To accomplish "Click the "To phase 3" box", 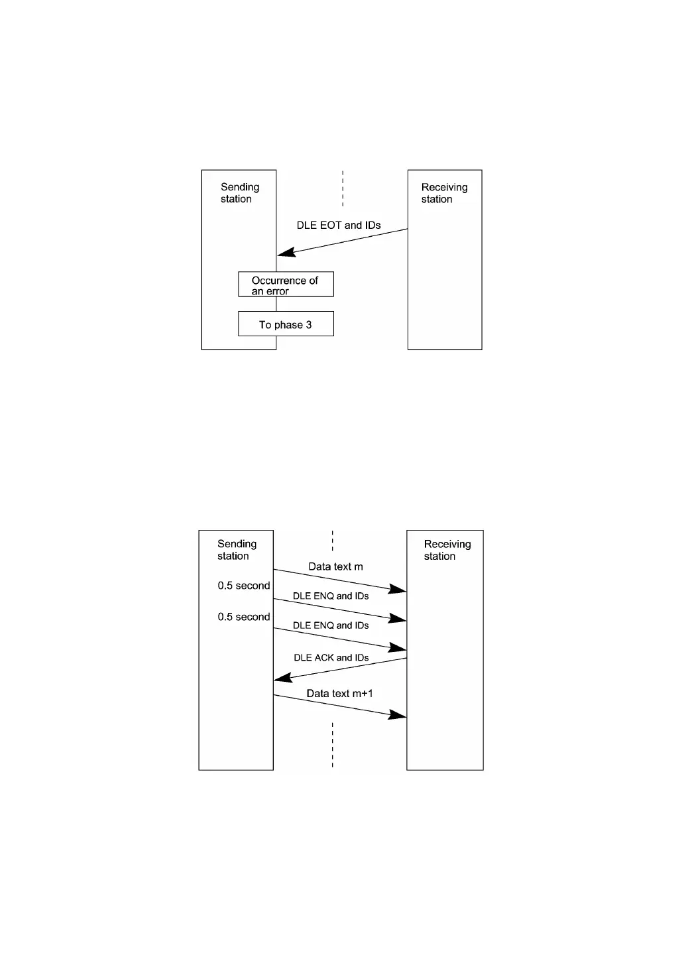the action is pyautogui.click(x=286, y=324).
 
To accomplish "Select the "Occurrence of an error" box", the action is pyautogui.click(x=286, y=284).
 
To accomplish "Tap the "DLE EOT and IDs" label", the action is pyautogui.click(x=339, y=226).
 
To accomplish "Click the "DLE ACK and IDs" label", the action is pyautogui.click(x=331, y=658).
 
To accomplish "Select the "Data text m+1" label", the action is pyautogui.click(x=339, y=694).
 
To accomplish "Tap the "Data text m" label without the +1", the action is pyautogui.click(x=335, y=567).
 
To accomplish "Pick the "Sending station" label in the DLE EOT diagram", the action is pyautogui.click(x=239, y=193).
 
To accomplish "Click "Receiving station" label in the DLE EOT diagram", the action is pyautogui.click(x=444, y=193).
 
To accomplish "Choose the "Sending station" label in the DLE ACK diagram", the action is pyautogui.click(x=237, y=550).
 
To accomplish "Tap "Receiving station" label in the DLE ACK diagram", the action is pyautogui.click(x=447, y=550).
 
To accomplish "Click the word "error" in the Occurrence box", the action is pyautogui.click(x=277, y=292).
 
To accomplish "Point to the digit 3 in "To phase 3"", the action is pyautogui.click(x=309, y=325).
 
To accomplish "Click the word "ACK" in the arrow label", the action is pyautogui.click(x=323, y=658).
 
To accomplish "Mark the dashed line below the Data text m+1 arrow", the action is pyautogui.click(x=332, y=745).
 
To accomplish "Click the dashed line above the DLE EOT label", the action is pyautogui.click(x=343, y=188).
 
